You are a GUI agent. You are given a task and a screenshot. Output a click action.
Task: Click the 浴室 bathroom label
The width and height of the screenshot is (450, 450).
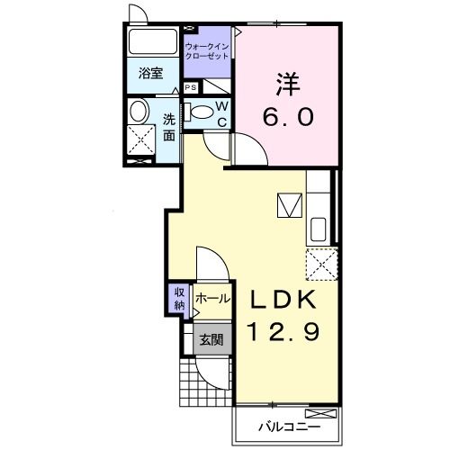(150, 73)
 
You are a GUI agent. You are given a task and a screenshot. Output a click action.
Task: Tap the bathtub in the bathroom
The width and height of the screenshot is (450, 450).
(148, 41)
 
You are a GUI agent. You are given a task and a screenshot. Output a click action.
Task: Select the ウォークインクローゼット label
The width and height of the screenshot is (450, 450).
(207, 51)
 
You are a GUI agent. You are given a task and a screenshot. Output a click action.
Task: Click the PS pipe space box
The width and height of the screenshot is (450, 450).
(191, 87)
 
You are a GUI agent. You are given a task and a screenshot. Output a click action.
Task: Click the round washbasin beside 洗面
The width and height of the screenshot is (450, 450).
(139, 111)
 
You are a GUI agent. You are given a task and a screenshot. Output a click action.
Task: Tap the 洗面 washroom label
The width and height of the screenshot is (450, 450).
(169, 128)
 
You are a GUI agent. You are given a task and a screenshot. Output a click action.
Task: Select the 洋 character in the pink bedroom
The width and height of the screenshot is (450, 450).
(287, 84)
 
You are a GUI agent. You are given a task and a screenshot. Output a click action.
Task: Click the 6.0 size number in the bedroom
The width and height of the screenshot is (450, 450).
(288, 116)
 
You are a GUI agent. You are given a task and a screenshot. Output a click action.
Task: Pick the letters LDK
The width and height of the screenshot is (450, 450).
(283, 300)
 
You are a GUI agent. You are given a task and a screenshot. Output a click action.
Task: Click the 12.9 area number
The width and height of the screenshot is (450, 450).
(283, 332)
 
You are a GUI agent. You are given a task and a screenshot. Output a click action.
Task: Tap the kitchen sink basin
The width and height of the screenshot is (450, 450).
(319, 229)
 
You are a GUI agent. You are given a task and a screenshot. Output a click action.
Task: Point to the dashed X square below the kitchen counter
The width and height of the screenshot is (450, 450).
(322, 265)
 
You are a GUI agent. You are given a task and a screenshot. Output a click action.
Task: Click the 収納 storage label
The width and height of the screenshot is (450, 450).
(179, 299)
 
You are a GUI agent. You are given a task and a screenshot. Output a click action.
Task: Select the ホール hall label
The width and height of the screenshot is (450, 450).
(212, 299)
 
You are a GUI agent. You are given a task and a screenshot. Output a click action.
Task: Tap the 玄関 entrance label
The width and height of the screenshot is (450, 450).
(211, 340)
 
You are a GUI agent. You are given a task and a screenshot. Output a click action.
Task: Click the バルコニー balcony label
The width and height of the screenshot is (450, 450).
(289, 427)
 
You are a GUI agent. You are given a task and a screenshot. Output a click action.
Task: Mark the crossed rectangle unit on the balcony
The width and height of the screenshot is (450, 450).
(320, 414)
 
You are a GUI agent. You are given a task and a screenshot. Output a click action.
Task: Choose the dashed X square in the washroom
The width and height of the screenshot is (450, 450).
(141, 140)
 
